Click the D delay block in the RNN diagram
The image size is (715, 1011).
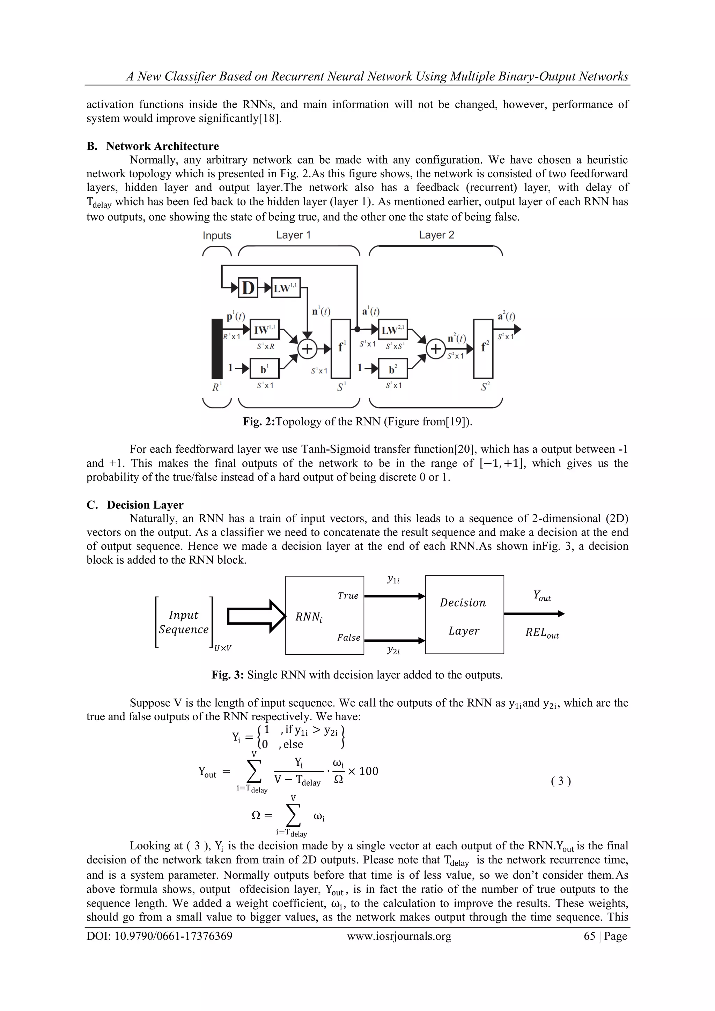(248, 288)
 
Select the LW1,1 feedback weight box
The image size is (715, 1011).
(286, 288)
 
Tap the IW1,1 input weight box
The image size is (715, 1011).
(264, 329)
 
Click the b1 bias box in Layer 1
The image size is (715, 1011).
(264, 368)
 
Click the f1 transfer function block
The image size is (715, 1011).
(341, 348)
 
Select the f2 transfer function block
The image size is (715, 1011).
(483, 348)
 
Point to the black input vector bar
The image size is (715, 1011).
(217, 348)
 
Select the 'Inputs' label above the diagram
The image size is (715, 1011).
(217, 236)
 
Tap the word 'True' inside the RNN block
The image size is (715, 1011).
(348, 596)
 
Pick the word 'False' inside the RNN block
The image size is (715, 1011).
(348, 637)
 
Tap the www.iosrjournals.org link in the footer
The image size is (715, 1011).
(399, 936)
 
